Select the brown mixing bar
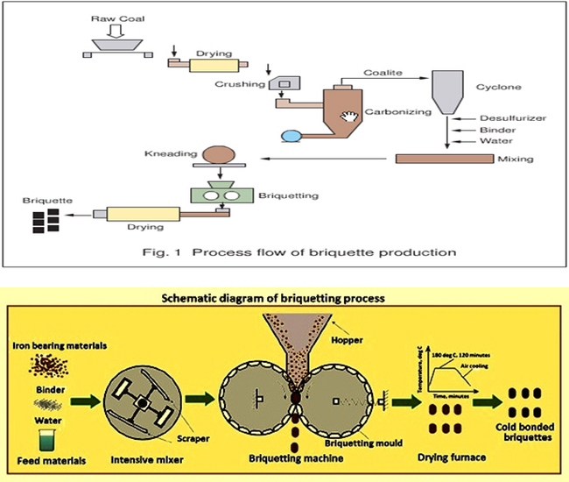[452, 159]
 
